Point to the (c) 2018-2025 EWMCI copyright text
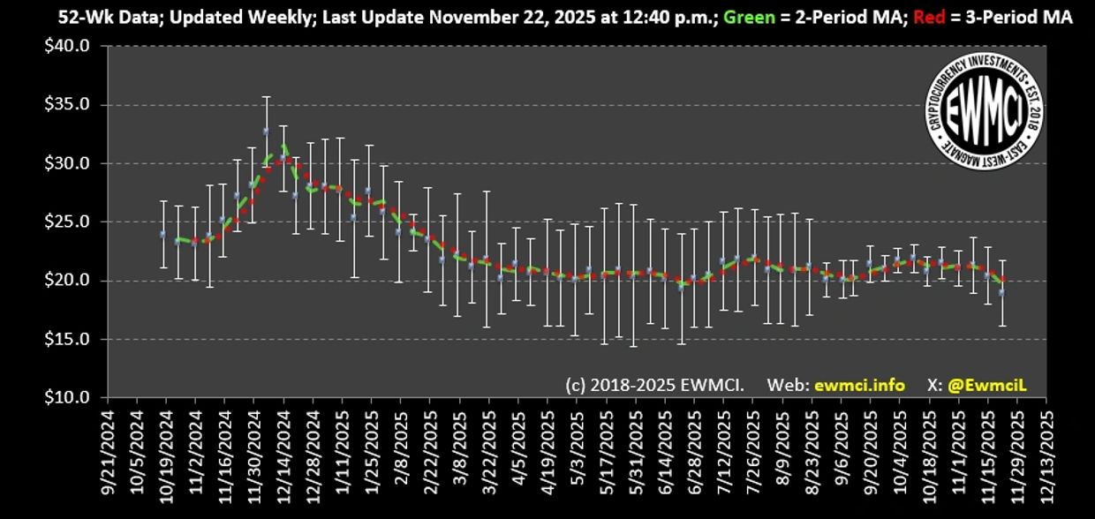[654, 385]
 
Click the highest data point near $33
[266, 131]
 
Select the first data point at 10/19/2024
[162, 234]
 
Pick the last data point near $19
[1001, 291]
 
